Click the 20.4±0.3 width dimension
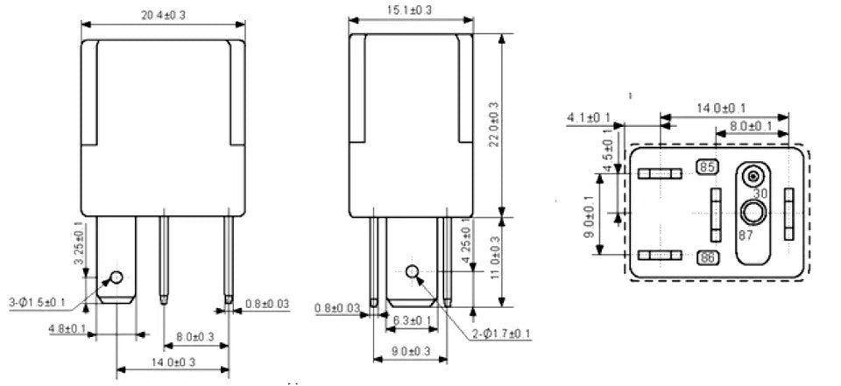pyautogui.click(x=163, y=15)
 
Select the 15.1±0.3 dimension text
pyautogui.click(x=410, y=9)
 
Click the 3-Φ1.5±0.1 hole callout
pyautogui.click(x=37, y=303)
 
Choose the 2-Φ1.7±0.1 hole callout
pyautogui.click(x=501, y=334)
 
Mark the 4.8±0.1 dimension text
pyautogui.click(x=67, y=328)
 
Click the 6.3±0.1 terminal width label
pyautogui.click(x=412, y=320)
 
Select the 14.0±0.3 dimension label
pyautogui.click(x=173, y=361)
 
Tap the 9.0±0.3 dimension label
pyautogui.click(x=412, y=352)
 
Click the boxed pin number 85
pyautogui.click(x=708, y=167)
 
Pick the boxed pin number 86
pyautogui.click(x=708, y=258)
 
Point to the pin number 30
pyautogui.click(x=760, y=193)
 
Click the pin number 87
pyautogui.click(x=746, y=235)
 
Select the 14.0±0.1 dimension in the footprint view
pyautogui.click(x=721, y=108)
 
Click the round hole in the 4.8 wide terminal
pyautogui.click(x=117, y=277)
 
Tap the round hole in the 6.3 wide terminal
pyautogui.click(x=412, y=271)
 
